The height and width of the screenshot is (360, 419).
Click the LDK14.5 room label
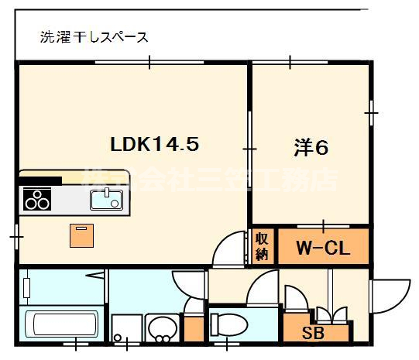point(156,144)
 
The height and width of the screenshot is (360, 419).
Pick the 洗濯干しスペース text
point(94,36)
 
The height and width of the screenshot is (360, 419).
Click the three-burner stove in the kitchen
point(37,201)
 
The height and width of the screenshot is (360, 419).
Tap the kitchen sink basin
point(105,200)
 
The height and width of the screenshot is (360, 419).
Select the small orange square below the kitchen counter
point(81,235)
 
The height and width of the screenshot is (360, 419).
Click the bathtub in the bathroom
point(62,324)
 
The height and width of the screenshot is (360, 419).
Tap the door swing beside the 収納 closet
point(232,249)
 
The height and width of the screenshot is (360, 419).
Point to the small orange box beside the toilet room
point(194,326)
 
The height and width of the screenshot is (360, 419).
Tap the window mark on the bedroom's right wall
point(372,113)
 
